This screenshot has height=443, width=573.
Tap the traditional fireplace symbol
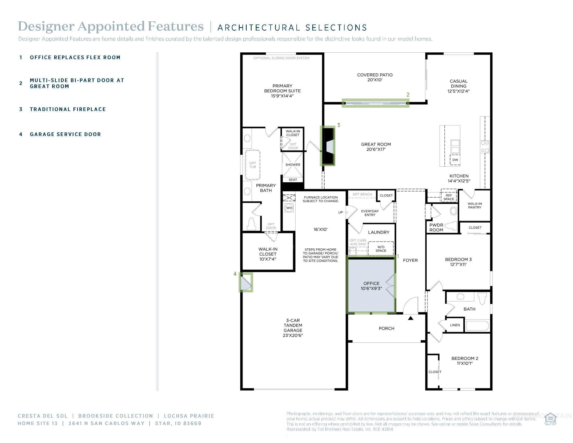click(328, 146)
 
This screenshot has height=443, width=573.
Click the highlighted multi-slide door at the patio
click(375, 103)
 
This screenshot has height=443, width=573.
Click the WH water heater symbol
click(289, 208)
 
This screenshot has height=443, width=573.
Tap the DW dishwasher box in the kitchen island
click(455, 160)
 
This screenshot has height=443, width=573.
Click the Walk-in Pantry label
click(474, 206)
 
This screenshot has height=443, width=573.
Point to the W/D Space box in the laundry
click(381, 249)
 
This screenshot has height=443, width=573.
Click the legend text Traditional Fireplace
click(68, 109)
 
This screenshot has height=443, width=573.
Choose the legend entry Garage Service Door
click(65, 134)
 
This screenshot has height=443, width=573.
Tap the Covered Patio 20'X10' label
click(375, 77)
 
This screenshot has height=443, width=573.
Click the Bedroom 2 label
click(464, 361)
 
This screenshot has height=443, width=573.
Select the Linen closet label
click(455, 325)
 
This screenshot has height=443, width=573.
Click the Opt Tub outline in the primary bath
click(252, 165)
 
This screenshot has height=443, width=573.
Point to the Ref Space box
click(449, 197)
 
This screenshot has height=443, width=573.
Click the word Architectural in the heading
click(259, 28)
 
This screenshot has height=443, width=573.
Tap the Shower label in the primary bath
click(292, 165)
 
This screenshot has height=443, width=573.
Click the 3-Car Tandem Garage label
click(293, 328)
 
